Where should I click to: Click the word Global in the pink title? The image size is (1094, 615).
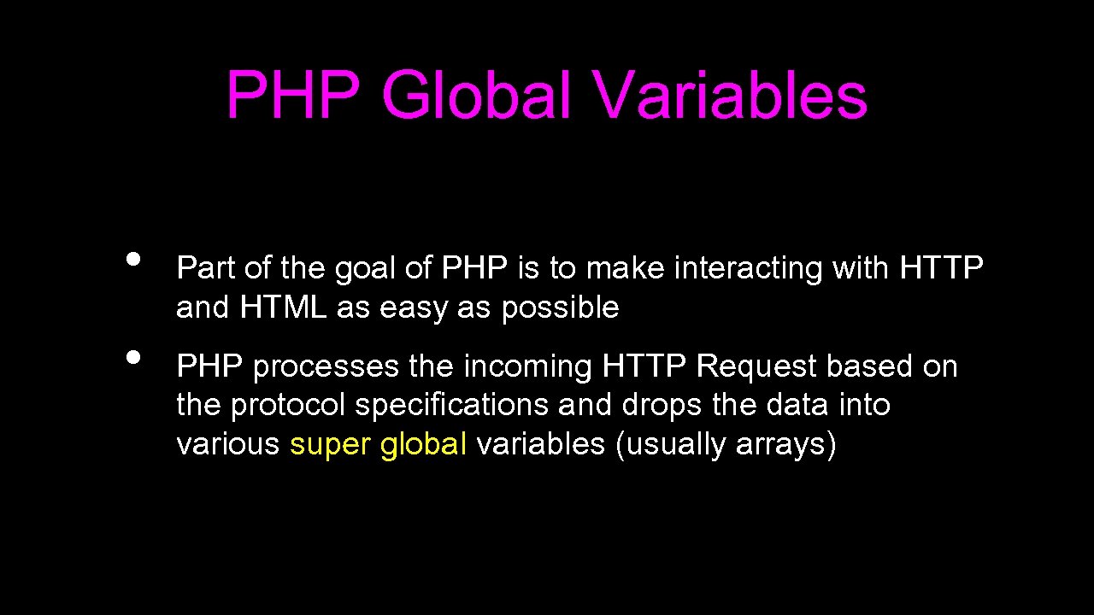click(x=476, y=96)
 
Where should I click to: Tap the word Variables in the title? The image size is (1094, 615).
click(x=732, y=96)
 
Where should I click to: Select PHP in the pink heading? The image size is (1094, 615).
click(x=293, y=96)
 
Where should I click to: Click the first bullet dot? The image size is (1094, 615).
click(x=132, y=259)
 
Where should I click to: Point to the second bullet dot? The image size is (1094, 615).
click(x=132, y=357)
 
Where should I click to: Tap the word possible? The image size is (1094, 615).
click(x=560, y=307)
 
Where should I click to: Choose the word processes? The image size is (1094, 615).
click(x=326, y=367)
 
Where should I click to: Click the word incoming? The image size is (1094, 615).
click(x=528, y=367)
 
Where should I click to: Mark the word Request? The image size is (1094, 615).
click(x=756, y=367)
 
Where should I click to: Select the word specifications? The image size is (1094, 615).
click(x=452, y=406)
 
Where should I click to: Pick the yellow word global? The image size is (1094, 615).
click(x=423, y=444)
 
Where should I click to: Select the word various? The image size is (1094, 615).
click(x=227, y=444)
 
